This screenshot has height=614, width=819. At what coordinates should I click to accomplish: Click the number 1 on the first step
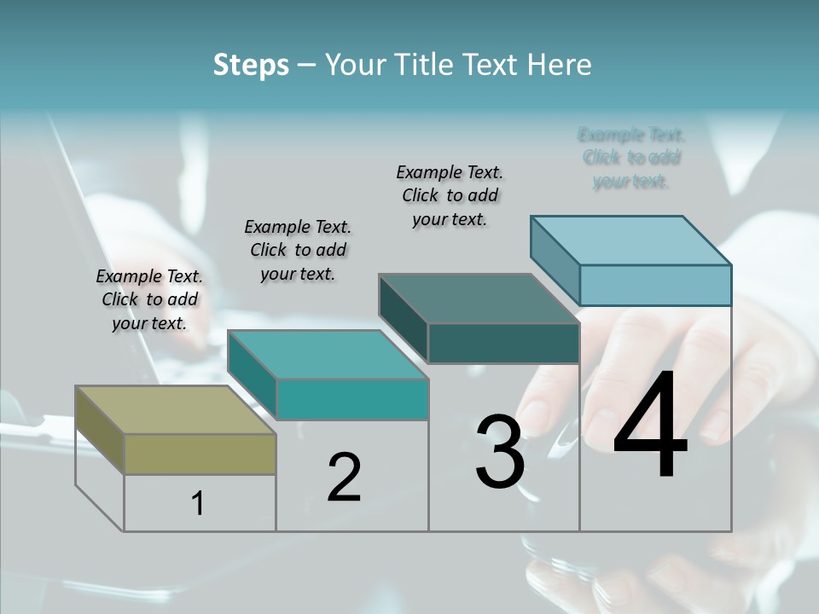pyautogui.click(x=198, y=504)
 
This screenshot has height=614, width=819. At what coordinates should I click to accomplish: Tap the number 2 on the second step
pyautogui.click(x=344, y=477)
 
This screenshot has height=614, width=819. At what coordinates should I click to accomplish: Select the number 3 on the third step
pyautogui.click(x=500, y=452)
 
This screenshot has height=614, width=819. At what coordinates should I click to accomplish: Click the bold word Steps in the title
pyautogui.click(x=251, y=65)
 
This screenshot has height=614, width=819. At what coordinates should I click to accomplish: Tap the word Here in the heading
pyautogui.click(x=560, y=65)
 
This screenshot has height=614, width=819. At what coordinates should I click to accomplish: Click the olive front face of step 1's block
pyautogui.click(x=200, y=454)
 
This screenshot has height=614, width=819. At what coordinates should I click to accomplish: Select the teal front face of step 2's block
pyautogui.click(x=351, y=399)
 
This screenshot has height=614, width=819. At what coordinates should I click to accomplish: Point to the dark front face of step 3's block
pyautogui.click(x=503, y=344)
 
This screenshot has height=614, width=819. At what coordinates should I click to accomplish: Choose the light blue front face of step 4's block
pyautogui.click(x=655, y=285)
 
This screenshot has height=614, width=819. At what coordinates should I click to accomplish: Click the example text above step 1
pyautogui.click(x=149, y=299)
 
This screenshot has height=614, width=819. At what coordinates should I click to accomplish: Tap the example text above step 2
pyautogui.click(x=298, y=250)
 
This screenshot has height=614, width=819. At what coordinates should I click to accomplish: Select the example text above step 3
pyautogui.click(x=450, y=195)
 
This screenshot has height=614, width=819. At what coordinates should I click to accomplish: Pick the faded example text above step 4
pyautogui.click(x=631, y=158)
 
